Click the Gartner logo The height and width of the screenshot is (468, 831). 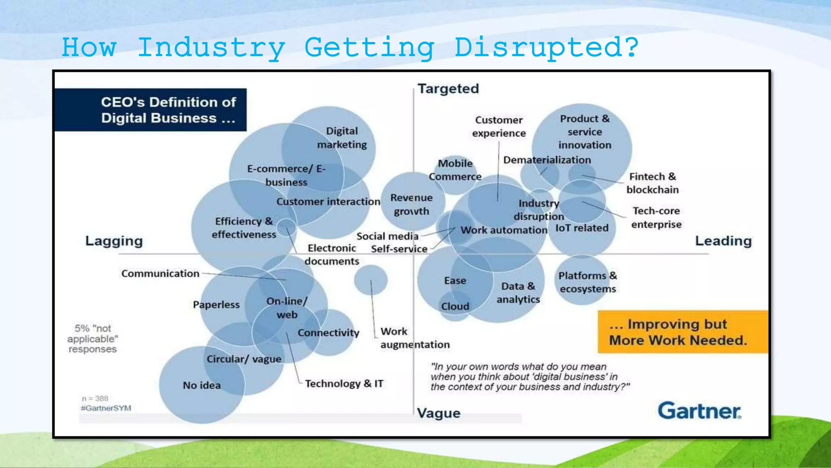click(x=699, y=411)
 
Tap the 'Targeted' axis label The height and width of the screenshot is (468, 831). click(x=448, y=89)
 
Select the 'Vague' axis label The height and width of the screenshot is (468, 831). click(x=439, y=413)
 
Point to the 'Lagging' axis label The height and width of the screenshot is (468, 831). click(x=114, y=241)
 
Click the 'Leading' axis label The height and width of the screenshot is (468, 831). click(x=723, y=241)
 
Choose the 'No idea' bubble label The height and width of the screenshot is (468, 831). click(x=202, y=385)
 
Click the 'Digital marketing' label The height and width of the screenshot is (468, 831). click(x=342, y=138)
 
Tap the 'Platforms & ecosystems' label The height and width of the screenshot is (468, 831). click(x=588, y=282)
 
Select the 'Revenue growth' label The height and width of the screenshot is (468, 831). click(x=411, y=204)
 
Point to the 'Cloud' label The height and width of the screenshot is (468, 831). click(x=455, y=306)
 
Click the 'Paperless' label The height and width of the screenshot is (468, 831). click(x=216, y=305)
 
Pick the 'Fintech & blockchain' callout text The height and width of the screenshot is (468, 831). click(x=652, y=183)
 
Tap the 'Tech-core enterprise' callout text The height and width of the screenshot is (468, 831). click(x=656, y=217)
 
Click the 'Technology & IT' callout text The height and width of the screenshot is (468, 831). click(x=344, y=383)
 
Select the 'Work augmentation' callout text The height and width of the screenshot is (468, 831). click(x=415, y=338)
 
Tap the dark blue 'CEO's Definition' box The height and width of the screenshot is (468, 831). click(x=151, y=110)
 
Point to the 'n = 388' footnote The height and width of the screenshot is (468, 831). click(x=95, y=399)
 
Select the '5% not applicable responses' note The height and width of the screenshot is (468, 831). click(x=93, y=339)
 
